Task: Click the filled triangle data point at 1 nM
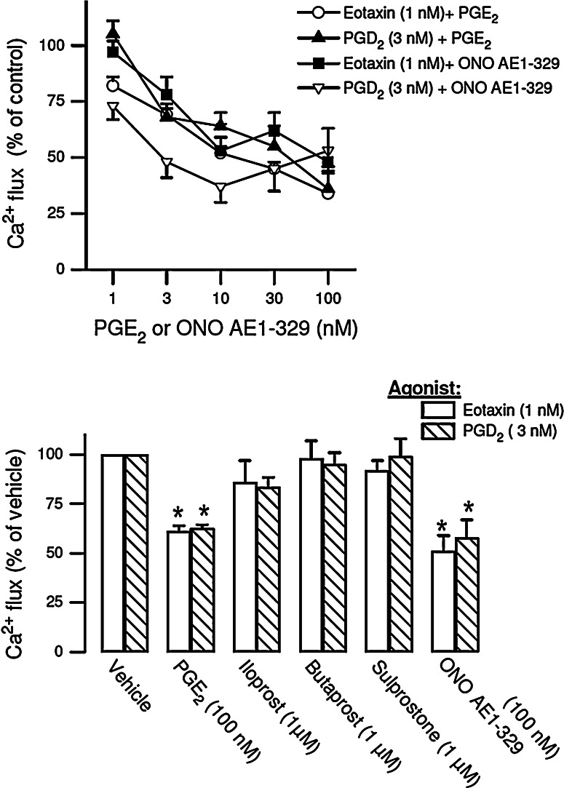113,32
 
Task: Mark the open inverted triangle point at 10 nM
221,188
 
